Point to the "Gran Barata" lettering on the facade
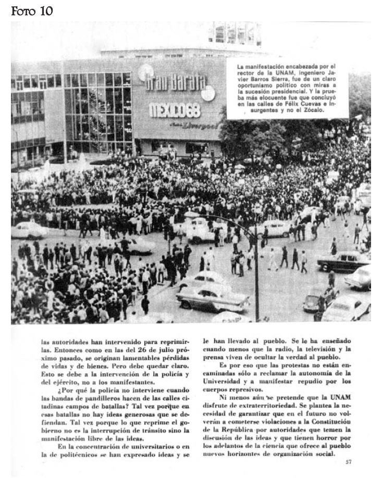pyautogui.click(x=176, y=83)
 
